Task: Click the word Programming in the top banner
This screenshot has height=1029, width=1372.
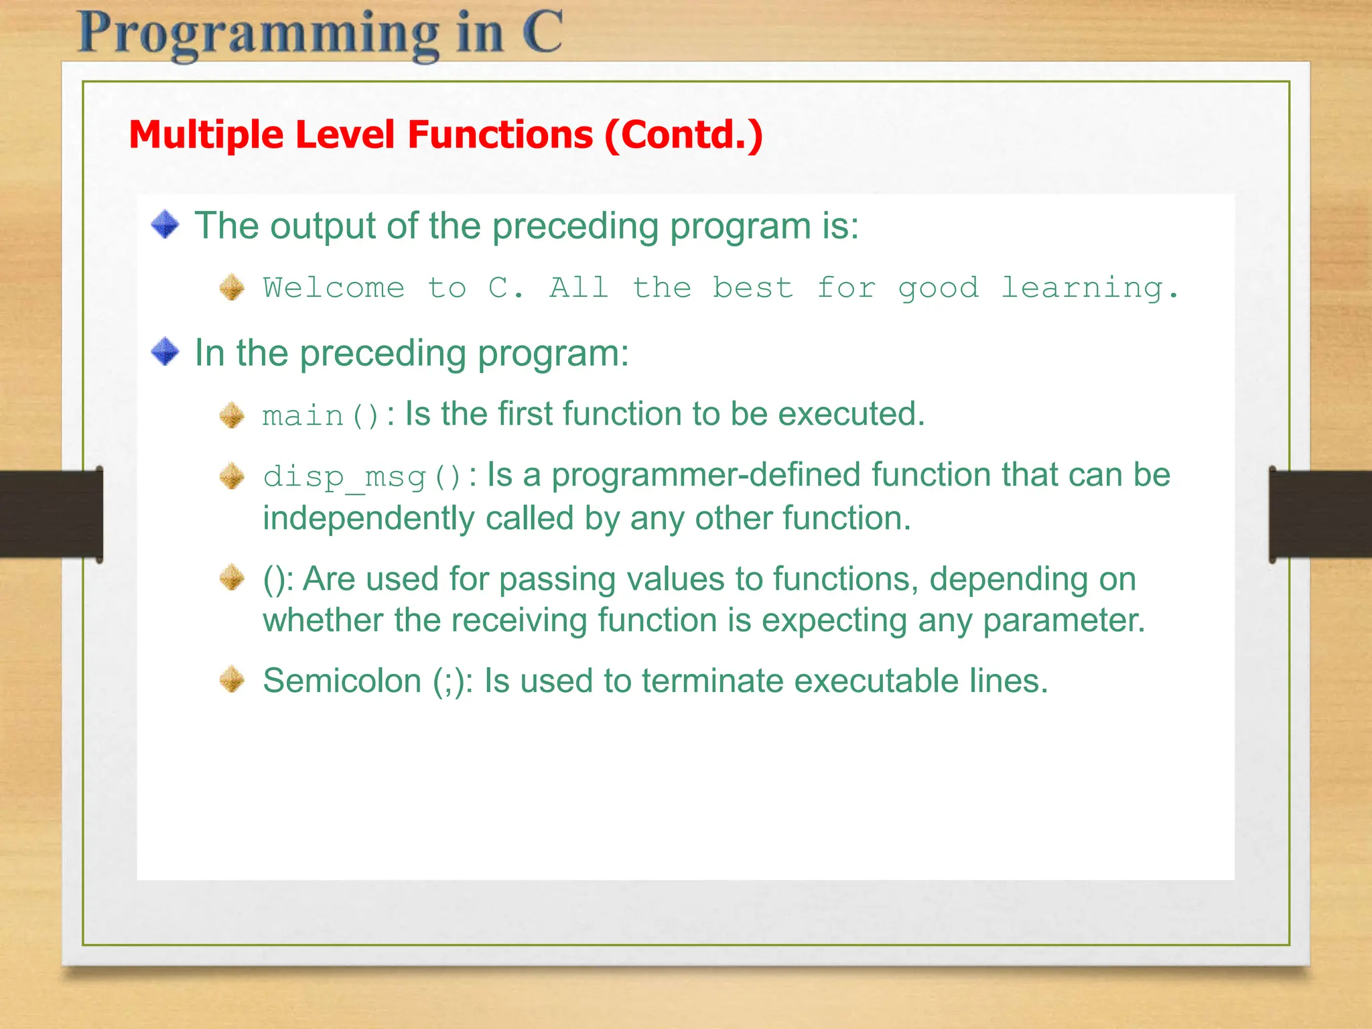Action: (x=259, y=35)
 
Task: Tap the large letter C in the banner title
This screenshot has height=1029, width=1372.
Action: (x=541, y=31)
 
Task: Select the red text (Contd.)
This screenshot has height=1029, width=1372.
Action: (x=683, y=135)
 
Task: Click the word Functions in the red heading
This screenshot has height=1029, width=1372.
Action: (x=500, y=135)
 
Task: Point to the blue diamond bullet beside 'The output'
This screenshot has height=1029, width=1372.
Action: (x=165, y=224)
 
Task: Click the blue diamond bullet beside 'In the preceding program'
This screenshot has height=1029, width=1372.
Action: (x=165, y=352)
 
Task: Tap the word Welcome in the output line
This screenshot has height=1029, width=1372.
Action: (x=334, y=288)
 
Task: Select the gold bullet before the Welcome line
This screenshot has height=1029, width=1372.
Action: (x=232, y=287)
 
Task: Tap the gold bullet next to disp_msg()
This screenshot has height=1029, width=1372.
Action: (x=232, y=476)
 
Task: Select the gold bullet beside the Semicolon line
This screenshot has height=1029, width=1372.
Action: (x=232, y=679)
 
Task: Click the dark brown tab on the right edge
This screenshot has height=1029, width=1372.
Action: (x=1320, y=514)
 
